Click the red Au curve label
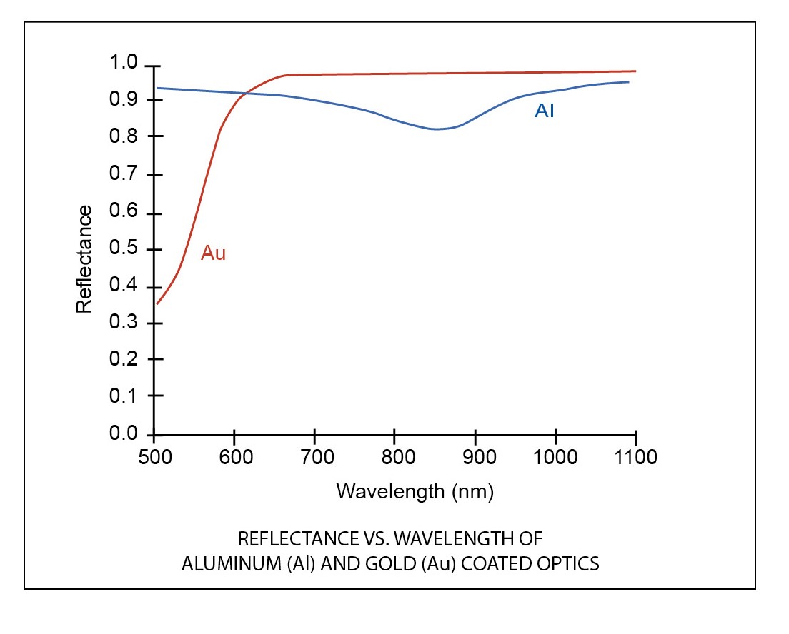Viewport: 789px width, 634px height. pyautogui.click(x=213, y=253)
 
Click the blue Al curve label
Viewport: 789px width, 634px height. pyautogui.click(x=544, y=111)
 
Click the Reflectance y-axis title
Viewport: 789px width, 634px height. pyautogui.click(x=84, y=259)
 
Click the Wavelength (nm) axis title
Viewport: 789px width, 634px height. pyautogui.click(x=415, y=491)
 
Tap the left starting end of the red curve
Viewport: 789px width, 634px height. pyautogui.click(x=157, y=303)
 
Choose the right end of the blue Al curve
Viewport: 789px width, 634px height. pyautogui.click(x=628, y=82)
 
